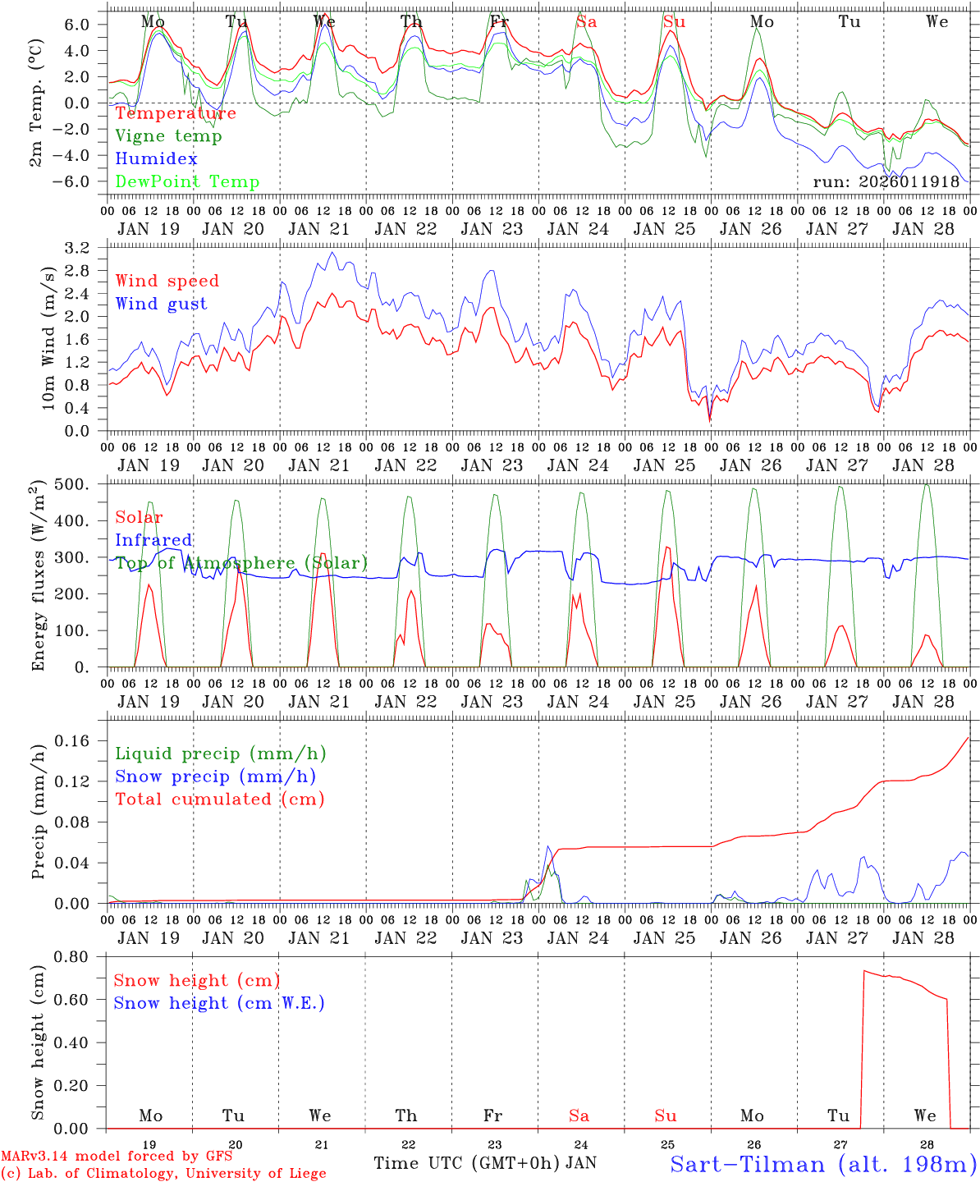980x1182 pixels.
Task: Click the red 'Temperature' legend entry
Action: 176,113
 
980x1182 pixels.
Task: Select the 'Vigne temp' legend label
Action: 168,136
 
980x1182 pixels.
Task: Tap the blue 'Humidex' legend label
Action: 156,159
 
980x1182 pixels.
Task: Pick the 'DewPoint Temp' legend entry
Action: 187,182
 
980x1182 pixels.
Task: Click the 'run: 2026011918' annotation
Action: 886,181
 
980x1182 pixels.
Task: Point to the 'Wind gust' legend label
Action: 161,304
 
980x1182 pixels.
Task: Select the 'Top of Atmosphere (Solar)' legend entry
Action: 241,563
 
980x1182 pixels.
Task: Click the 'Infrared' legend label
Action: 153,540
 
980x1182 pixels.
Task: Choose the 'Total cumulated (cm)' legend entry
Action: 219,799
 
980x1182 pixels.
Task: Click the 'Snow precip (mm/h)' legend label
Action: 215,777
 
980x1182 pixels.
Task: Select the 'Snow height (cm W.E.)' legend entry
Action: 219,1003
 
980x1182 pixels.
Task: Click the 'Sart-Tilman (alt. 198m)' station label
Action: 822,1163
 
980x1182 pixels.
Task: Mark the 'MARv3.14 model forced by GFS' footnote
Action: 117,1157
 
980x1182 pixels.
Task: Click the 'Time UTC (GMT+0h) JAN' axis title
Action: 485,1163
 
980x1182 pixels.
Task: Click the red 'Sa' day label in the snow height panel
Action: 579,1116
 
